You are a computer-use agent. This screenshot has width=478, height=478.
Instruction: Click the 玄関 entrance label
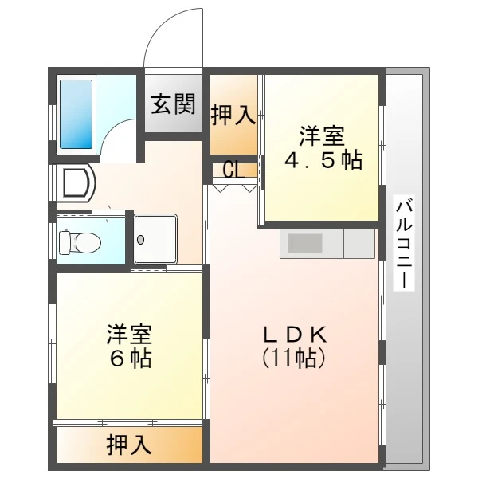click(173, 104)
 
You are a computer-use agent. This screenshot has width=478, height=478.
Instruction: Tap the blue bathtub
click(76, 114)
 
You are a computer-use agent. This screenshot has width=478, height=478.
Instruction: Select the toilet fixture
click(80, 243)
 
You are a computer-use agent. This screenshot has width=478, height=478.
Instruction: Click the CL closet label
click(233, 170)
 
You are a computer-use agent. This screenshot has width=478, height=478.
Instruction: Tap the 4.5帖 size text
click(323, 160)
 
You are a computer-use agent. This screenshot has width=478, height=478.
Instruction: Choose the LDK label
click(295, 335)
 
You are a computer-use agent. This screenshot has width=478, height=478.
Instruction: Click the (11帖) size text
click(294, 358)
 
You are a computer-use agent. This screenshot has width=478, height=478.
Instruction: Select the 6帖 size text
click(131, 358)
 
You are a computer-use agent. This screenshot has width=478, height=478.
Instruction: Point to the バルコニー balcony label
click(404, 243)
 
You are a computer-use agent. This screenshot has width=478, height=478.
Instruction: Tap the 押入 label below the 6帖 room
click(128, 445)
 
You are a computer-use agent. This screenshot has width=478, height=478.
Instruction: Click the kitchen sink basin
click(305, 243)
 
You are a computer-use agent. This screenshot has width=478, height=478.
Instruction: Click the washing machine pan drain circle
click(140, 240)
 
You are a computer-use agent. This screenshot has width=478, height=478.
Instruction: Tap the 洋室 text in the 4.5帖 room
click(322, 136)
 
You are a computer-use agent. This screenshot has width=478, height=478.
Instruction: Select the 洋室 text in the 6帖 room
click(129, 335)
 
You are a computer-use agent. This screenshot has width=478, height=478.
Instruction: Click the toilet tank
click(65, 243)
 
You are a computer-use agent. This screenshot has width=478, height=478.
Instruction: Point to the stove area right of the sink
click(359, 244)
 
